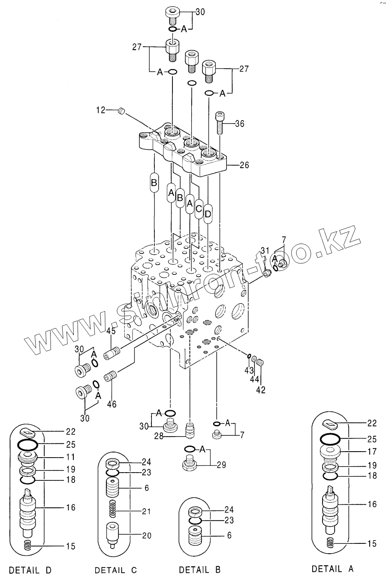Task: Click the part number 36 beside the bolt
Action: (x=239, y=124)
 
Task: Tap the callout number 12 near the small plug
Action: (x=100, y=111)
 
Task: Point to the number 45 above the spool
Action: (x=111, y=331)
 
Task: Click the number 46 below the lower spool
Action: (x=112, y=404)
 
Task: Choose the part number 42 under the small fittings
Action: (x=261, y=390)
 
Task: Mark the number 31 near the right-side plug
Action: (x=265, y=250)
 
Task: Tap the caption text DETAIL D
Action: (x=30, y=570)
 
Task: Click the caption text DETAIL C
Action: (x=116, y=570)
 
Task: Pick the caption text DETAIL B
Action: (x=200, y=570)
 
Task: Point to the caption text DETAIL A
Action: (x=333, y=569)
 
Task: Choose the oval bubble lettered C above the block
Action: (x=199, y=208)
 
